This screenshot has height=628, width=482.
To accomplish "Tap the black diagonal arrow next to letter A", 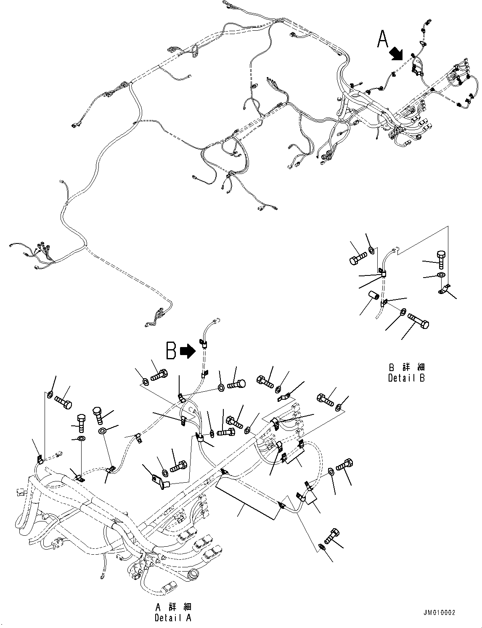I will (396, 53).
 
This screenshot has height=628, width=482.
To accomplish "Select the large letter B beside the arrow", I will (171, 350).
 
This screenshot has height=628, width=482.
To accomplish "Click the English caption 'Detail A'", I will (173, 618).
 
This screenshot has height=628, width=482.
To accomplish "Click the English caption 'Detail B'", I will (406, 378).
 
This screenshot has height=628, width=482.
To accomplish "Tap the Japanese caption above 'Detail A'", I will (173, 607).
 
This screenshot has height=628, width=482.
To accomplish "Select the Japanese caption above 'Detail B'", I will (406, 367).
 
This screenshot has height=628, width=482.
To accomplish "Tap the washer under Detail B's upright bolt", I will (440, 275).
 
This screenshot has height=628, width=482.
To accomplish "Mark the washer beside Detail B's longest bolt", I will (403, 312).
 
